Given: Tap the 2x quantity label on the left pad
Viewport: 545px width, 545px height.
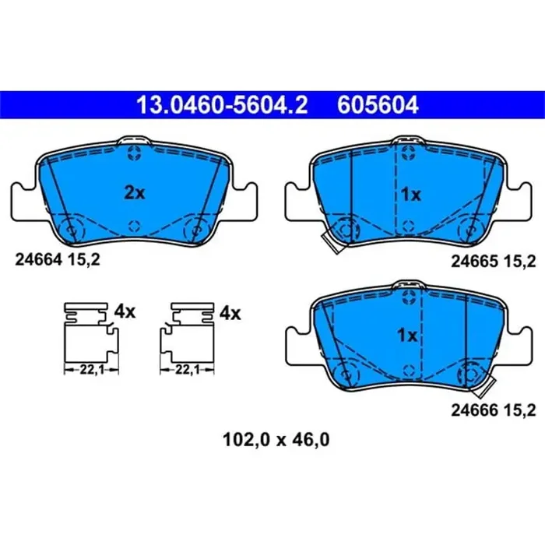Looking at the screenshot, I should pyautogui.click(x=135, y=193).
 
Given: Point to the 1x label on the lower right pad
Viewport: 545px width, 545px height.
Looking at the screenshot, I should pyautogui.click(x=407, y=336).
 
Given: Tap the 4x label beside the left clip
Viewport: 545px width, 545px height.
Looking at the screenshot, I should pyautogui.click(x=125, y=312).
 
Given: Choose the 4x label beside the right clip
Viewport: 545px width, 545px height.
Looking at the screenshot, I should pyautogui.click(x=230, y=312).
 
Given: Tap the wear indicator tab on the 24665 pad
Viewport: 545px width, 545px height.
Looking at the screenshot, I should pyautogui.click(x=333, y=246).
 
